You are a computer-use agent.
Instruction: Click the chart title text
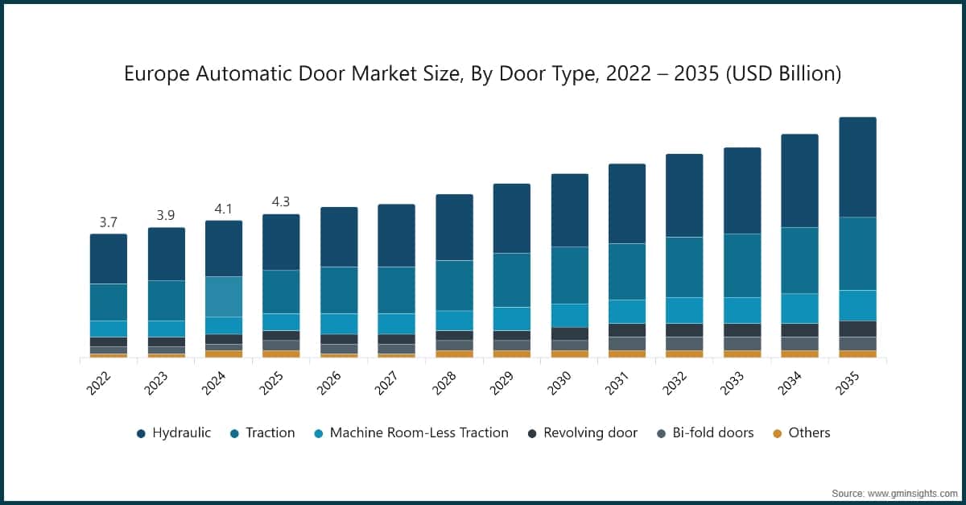point(483,74)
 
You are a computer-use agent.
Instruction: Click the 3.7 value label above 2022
point(109,221)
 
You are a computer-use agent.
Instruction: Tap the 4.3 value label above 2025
point(281,201)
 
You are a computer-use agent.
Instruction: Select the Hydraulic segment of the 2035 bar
point(857,167)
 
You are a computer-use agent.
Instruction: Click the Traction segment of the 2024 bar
point(224,296)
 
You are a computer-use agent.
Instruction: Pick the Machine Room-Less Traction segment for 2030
point(570,315)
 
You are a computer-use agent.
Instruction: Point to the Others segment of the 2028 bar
point(455,354)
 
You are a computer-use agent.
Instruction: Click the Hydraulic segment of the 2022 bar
point(109,259)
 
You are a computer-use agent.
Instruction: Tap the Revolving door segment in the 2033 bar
point(742,329)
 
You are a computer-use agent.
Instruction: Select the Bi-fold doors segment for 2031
point(627,343)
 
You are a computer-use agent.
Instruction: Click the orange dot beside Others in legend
point(777,433)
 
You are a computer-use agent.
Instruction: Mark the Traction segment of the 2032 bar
point(684,267)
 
